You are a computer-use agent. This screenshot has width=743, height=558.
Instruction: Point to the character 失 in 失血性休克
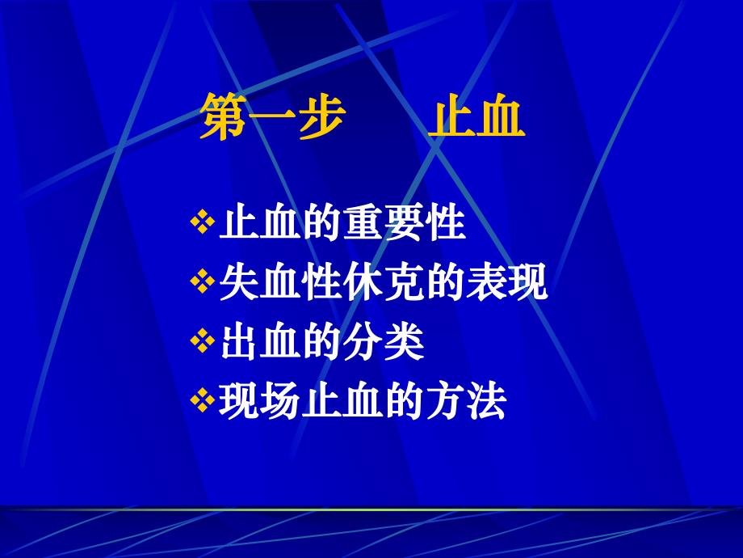click(240, 283)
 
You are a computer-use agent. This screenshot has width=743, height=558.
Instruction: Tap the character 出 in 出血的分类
click(240, 343)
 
